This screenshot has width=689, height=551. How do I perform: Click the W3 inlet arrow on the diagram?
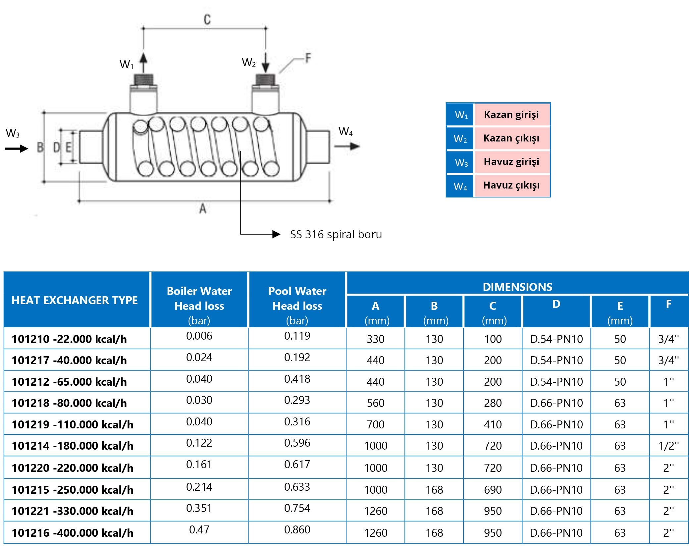[x=17, y=148]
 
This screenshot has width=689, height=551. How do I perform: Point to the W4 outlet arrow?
[x=347, y=146]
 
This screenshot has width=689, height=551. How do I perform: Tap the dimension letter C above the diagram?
[x=207, y=19]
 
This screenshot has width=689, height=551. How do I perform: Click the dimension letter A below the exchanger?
[x=203, y=209]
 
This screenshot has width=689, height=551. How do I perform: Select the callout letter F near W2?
[x=308, y=58]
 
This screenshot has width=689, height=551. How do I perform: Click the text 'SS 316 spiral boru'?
[x=336, y=235]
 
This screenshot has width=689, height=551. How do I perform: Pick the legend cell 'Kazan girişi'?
[x=511, y=115]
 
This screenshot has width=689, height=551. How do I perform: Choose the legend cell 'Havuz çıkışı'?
[x=511, y=185]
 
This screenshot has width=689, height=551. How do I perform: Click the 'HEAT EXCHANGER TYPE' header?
[x=75, y=300]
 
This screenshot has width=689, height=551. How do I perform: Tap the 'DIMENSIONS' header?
[x=517, y=287]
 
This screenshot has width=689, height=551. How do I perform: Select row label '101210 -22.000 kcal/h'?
[x=69, y=339]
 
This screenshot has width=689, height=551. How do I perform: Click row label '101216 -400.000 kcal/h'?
[x=73, y=533]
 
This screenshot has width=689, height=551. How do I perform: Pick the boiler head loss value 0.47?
[x=199, y=529]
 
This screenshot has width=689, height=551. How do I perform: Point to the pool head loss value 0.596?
[x=297, y=443]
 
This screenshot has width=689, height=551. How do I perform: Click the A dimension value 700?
[x=375, y=424]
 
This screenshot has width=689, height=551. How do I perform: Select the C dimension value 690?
[x=493, y=490]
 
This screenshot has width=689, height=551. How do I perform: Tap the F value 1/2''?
[x=668, y=446]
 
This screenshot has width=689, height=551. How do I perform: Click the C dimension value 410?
[x=493, y=424]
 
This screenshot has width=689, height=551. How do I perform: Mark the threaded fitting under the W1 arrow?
[x=143, y=80]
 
